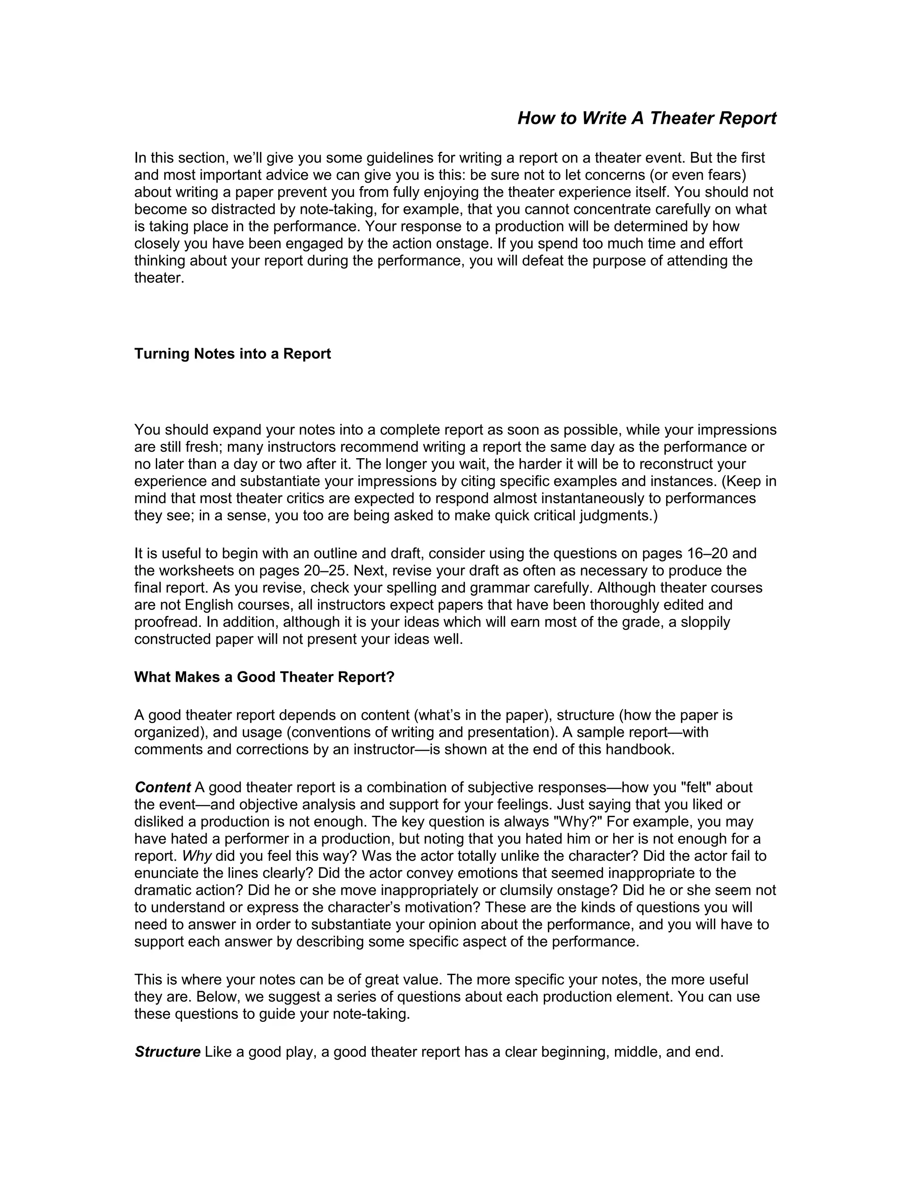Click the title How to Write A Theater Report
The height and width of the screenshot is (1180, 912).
point(647,118)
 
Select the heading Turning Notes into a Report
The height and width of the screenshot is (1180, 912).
point(232,354)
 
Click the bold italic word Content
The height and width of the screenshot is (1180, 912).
point(163,787)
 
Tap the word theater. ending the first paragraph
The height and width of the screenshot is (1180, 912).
point(159,278)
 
